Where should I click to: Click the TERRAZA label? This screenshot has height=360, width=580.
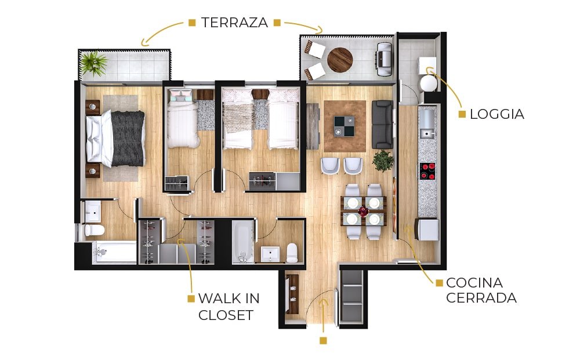[234, 23]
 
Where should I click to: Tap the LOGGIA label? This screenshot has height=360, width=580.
[497, 114]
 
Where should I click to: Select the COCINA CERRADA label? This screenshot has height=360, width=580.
[481, 290]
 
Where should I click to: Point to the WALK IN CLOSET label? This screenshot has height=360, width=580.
[229, 307]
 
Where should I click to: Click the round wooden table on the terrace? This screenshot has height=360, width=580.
[339, 60]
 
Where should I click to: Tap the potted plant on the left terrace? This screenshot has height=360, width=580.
[94, 63]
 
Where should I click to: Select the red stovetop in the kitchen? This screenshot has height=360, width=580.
[428, 171]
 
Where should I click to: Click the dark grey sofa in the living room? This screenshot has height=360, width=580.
[382, 125]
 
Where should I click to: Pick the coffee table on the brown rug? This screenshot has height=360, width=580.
[344, 126]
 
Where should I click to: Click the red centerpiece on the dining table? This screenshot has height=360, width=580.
[363, 212]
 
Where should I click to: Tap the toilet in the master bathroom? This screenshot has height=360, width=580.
[94, 230]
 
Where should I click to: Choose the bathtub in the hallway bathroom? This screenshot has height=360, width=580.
[243, 242]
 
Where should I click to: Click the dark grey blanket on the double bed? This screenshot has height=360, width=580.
[128, 139]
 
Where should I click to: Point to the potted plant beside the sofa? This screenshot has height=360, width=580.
[383, 161]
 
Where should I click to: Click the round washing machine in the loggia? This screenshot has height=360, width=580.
[429, 83]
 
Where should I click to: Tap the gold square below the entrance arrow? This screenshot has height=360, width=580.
[323, 340]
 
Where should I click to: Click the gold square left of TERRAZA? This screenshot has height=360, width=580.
[192, 23]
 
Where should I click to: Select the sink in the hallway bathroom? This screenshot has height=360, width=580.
[270, 254]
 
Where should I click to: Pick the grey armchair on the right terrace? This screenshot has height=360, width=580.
[384, 60]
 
